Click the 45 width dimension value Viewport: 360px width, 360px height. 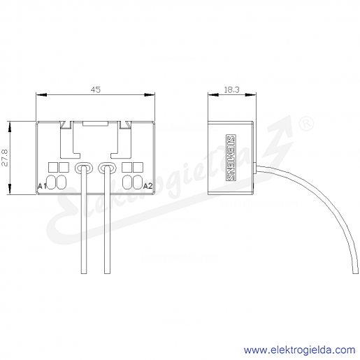[96, 89]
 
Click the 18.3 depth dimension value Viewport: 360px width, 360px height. [231, 89]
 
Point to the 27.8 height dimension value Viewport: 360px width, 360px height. [5, 158]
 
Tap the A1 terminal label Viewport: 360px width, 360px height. [42, 186]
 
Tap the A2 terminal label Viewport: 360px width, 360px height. [147, 186]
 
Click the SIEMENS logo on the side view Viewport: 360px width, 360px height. [231, 157]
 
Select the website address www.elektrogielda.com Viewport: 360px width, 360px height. [300, 350]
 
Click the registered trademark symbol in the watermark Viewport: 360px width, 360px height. [306, 124]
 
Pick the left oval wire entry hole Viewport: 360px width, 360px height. [84, 168]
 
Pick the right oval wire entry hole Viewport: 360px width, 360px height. [107, 168]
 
